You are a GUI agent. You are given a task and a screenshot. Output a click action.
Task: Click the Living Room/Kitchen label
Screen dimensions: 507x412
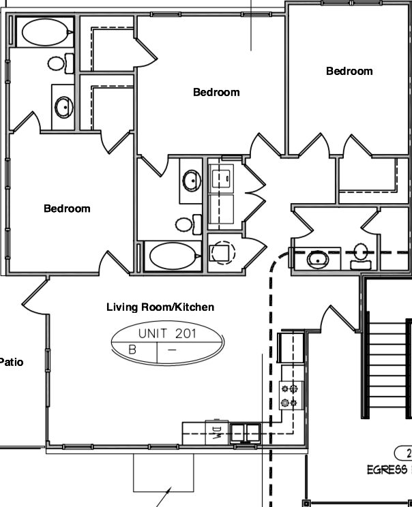pyautogui.click(x=160, y=307)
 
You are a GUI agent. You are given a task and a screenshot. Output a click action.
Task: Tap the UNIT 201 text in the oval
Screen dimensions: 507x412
pyautogui.click(x=166, y=334)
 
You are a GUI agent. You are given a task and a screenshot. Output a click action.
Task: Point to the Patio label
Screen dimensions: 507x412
pyautogui.click(x=11, y=362)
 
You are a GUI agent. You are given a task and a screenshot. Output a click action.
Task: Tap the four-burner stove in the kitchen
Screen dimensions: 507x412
pyautogui.click(x=290, y=395)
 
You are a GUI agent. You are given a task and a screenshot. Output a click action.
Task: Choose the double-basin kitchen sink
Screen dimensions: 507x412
pyautogui.click(x=244, y=431)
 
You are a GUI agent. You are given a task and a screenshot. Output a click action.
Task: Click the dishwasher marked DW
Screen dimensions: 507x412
pyautogui.click(x=216, y=431)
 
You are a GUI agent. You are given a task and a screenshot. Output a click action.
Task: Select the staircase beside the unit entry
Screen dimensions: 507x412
pyautogui.click(x=386, y=368)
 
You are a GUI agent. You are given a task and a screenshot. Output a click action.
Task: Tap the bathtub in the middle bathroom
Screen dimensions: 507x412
pyautogui.click(x=173, y=257)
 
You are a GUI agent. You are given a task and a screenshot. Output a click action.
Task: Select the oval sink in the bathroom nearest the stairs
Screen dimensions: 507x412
pyautogui.click(x=317, y=259)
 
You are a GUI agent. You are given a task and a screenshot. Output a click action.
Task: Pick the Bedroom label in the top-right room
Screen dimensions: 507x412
pyautogui.click(x=349, y=71)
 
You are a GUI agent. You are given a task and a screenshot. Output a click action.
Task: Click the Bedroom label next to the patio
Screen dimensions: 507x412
pyautogui.click(x=67, y=209)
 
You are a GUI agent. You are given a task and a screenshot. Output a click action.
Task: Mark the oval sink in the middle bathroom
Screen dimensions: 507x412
pyautogui.click(x=190, y=181)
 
